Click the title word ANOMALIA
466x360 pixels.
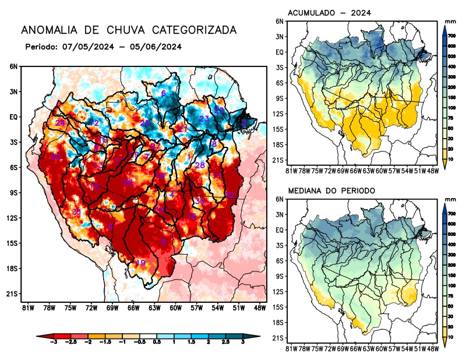tap(44, 30)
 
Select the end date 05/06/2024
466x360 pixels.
tap(158, 47)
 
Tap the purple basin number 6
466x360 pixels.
tap(164, 93)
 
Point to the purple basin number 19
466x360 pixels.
tap(140, 263)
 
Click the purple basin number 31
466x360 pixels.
tap(76, 212)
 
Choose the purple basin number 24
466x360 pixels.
tap(60, 123)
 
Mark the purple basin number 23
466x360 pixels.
tap(204, 119)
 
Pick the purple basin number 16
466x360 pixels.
tap(191, 216)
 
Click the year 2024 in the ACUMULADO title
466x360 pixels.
tap(361, 13)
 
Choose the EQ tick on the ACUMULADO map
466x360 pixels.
tap(280, 52)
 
